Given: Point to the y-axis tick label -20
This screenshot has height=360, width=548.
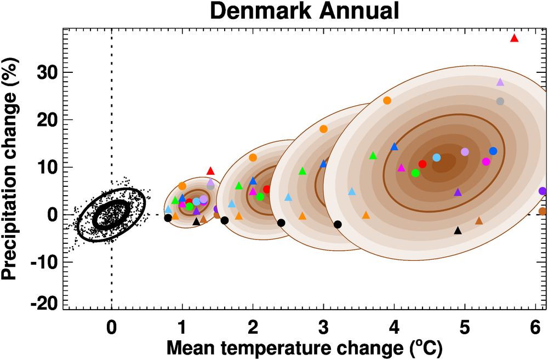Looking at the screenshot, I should coord(47,302).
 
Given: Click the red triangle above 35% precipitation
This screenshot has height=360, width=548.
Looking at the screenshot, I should coord(514,38).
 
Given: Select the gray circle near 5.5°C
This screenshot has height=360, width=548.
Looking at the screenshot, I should coord(500,101).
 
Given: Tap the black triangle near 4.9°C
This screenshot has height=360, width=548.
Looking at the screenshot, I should coord(458,230).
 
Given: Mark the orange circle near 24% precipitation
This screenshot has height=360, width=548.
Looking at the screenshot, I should coord(387,100).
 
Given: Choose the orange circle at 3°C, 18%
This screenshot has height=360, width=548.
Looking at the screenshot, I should coord(323,129).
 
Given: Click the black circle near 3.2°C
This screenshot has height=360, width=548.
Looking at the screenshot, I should coord(338,224).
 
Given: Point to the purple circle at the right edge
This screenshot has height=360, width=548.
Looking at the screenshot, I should coord(543,191).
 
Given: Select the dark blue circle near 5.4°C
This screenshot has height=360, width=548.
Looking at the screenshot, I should coord(493,151).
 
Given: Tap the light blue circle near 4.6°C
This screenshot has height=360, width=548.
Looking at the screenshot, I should coord(436,157).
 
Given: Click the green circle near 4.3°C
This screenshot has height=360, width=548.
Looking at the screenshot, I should coord(415,173).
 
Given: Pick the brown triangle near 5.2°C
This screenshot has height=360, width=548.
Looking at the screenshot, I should coord(479,221).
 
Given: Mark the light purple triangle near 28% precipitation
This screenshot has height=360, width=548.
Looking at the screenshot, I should coord(500,82).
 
